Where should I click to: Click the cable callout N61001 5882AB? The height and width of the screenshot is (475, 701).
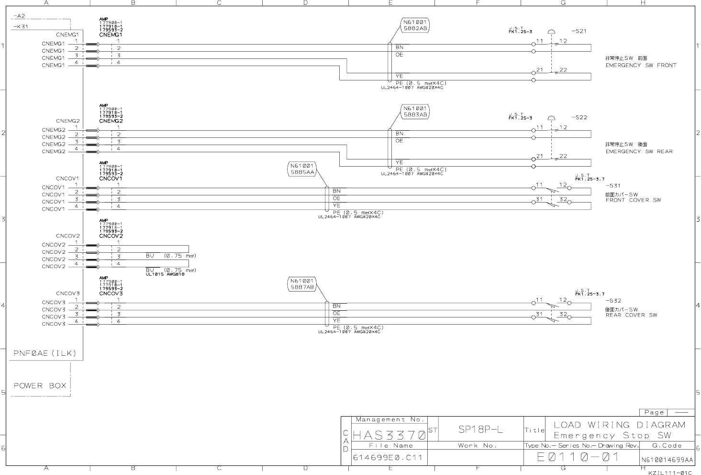pos(415,25)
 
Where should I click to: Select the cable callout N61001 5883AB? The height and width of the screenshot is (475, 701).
pos(415,112)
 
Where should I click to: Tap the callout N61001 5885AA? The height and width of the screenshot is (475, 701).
pos(302,170)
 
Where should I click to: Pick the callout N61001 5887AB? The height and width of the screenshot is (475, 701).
pos(302,284)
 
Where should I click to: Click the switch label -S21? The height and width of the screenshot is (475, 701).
pos(579,31)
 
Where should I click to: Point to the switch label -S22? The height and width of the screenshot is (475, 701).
pos(579,117)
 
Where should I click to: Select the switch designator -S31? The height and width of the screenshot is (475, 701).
pos(613,186)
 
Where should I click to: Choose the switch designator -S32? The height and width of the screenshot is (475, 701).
pos(613,301)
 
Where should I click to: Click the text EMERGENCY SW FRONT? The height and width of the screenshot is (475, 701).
pos(641,65)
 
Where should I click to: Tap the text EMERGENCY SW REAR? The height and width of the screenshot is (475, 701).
pos(639,151)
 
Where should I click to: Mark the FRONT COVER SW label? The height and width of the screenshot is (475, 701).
pos(633,200)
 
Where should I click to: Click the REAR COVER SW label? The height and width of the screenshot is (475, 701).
pos(631,315)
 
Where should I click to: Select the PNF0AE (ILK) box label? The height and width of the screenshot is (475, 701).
pos(45,354)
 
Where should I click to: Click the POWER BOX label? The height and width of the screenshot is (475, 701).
pos(40,385)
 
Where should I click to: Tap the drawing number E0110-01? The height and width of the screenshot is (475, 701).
pos(578,457)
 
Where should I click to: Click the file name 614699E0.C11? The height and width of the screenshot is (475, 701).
pos(388,457)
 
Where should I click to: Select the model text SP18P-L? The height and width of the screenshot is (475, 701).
pos(480,430)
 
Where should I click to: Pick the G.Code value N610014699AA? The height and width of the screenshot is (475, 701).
pos(667,460)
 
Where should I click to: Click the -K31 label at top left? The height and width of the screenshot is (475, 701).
pos(21,26)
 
